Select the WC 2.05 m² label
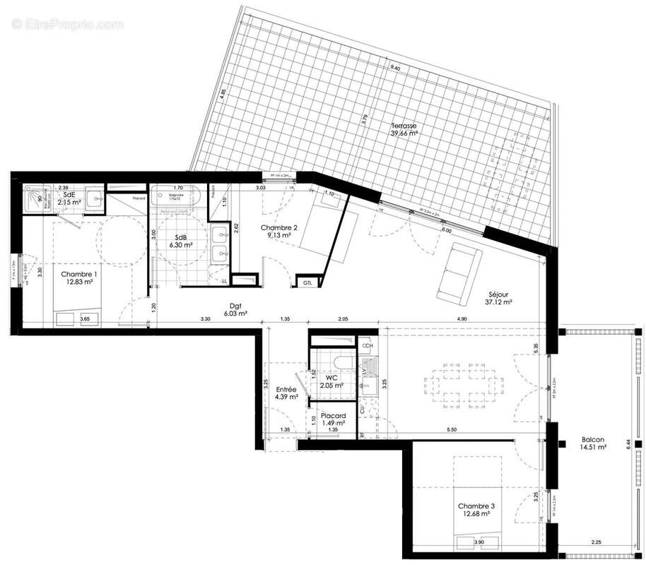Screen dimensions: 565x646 tap(329, 381)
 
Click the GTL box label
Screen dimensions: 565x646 tap(307, 282)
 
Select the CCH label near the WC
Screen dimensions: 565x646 tap(367, 346)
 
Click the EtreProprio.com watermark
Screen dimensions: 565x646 tap(67, 25)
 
